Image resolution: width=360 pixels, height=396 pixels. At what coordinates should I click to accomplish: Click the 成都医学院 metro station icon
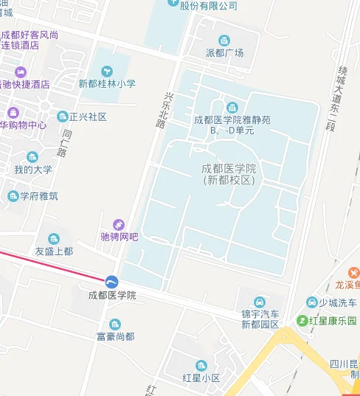[x=111, y=281]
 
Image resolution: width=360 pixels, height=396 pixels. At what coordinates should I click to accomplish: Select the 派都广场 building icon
[x=224, y=40]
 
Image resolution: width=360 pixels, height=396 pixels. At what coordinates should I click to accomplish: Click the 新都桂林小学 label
[x=107, y=83]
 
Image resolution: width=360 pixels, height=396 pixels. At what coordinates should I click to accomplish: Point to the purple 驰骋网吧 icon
[x=119, y=224]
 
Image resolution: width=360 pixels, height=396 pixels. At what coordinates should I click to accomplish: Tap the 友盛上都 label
[x=54, y=251]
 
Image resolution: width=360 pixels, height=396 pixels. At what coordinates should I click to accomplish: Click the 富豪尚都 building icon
[x=114, y=324]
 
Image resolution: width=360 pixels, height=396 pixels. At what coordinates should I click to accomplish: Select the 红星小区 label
[x=201, y=378]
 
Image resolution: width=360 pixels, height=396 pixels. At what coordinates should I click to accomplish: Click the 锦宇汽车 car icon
[x=260, y=302]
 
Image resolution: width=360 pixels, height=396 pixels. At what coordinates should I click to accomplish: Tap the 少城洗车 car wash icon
[x=312, y=303]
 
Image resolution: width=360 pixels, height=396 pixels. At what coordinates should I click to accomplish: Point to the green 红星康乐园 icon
[x=302, y=321]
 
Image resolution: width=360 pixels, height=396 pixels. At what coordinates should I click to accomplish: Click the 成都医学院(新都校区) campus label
[x=228, y=174]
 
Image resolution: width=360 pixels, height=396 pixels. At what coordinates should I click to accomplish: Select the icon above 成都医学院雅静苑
[x=232, y=107]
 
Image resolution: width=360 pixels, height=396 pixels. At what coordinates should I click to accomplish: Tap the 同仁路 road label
[x=65, y=143]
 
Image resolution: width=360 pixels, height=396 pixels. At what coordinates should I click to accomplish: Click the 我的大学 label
[x=33, y=169]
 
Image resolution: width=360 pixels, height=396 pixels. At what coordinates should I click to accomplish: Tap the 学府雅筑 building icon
[x=13, y=195]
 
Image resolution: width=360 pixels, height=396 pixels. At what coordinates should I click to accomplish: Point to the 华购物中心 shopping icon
[x=13, y=112]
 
